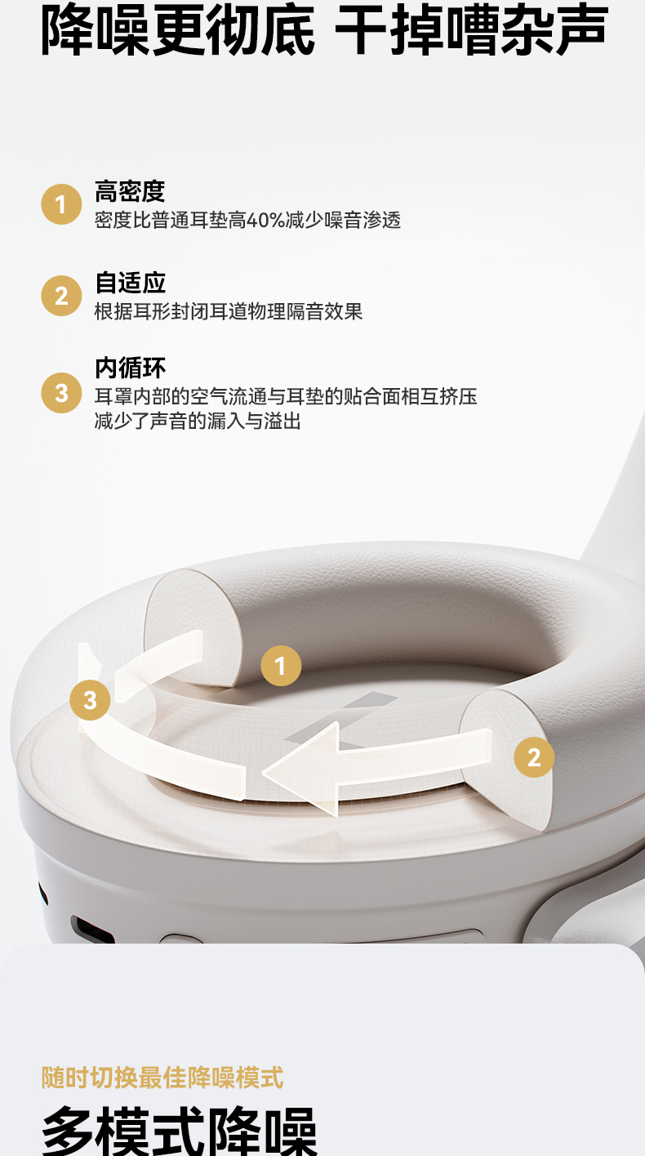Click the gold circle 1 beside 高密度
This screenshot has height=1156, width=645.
coord(61,204)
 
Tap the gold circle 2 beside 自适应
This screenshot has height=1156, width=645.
coord(61,296)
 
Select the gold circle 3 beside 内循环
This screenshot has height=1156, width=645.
coord(61,393)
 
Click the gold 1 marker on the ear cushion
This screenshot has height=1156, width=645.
coord(281,666)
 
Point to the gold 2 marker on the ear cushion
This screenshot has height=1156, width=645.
coord(534,757)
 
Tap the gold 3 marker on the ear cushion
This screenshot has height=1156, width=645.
coord(91,700)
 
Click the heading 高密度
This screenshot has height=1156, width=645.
coord(130,191)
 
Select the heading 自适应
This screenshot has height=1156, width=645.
coord(130,283)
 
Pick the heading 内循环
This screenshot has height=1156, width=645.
coord(130,368)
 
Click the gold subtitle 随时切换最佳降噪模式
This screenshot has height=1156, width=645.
coord(162,1077)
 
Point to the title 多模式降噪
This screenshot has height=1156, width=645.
coord(179,1131)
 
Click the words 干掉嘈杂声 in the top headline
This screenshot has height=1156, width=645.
coord(472,29)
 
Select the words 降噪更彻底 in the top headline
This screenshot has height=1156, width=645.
coord(178,29)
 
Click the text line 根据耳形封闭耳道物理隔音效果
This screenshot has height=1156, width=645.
coord(229,312)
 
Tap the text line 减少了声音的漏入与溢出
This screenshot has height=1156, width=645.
coord(198,421)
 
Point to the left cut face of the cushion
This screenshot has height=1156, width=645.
coord(193,627)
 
